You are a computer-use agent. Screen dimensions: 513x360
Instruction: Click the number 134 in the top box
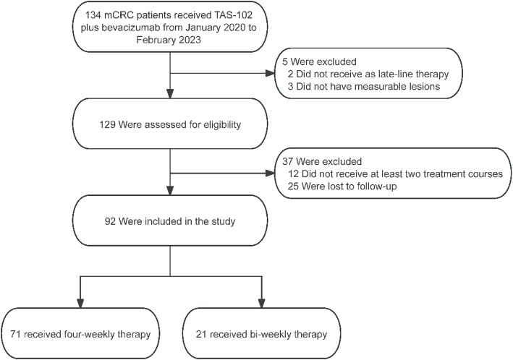click(93, 15)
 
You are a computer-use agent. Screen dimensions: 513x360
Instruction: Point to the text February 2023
click(169, 40)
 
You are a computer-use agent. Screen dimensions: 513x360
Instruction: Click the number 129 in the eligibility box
click(107, 124)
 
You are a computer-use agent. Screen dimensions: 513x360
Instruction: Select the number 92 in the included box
click(110, 221)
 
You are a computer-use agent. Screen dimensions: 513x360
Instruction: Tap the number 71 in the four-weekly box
click(15, 334)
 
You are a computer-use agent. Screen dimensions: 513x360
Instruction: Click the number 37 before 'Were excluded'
click(287, 161)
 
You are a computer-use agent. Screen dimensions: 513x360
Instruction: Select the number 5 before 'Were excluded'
click(285, 61)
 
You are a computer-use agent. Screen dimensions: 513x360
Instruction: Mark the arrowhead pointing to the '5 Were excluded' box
click(270, 73)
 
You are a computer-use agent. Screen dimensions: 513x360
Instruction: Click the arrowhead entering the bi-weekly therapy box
click(261, 304)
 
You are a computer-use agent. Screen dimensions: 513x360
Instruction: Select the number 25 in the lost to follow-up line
click(293, 187)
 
